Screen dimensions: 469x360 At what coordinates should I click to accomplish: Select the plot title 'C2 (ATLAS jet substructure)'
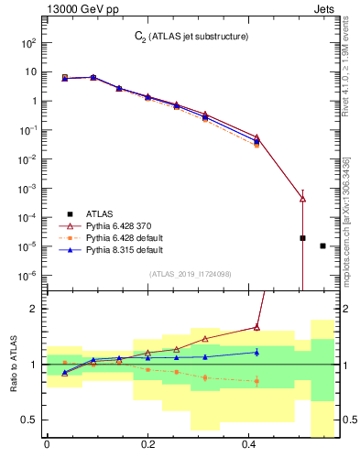tap(191, 37)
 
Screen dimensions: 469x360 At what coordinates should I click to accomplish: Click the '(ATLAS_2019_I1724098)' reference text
tap(191, 274)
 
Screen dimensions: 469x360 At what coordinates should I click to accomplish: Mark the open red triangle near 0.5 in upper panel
tap(302, 199)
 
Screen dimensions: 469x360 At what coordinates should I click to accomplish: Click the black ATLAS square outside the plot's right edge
tap(322, 245)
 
